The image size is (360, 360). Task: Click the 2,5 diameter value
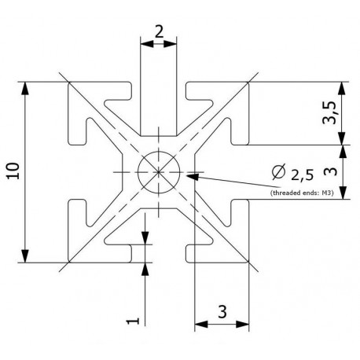303,172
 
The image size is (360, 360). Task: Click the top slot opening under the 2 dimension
159,94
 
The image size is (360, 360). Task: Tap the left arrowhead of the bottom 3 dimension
198,323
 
